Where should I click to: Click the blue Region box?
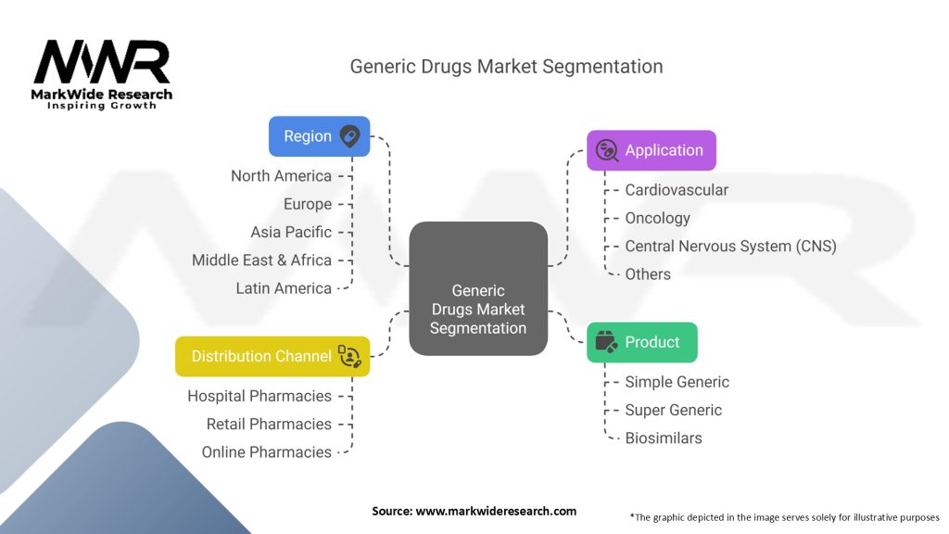(319, 135)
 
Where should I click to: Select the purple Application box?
(652, 150)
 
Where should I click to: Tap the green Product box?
(642, 342)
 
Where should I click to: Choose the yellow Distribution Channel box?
(272, 356)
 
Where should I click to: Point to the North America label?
(281, 176)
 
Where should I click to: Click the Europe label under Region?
(308, 204)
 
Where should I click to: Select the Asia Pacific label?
(291, 232)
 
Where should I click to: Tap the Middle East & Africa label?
(261, 261)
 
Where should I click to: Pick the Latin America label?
(284, 288)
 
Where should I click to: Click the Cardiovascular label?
(677, 190)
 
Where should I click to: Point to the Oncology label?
(657, 218)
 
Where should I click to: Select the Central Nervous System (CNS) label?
(730, 246)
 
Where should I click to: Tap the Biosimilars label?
(663, 438)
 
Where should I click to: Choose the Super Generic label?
(673, 410)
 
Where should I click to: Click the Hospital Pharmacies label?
(259, 396)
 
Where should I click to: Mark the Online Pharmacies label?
(267, 451)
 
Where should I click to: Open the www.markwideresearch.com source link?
(496, 511)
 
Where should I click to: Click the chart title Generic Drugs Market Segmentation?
(506, 67)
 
